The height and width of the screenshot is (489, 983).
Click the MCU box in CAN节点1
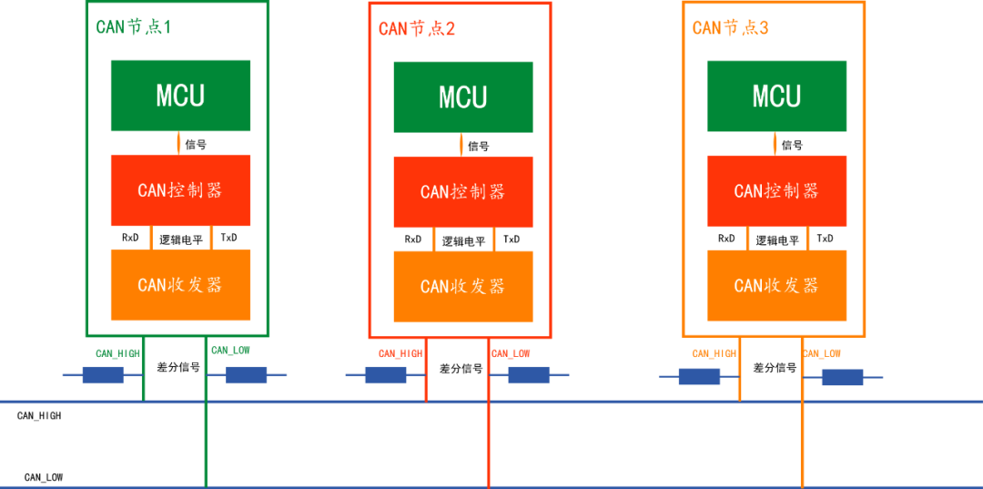click(180, 96)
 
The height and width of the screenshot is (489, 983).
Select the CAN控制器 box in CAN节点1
click(180, 190)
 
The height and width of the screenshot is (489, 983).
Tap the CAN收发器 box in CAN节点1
click(180, 285)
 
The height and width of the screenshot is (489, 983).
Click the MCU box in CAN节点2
click(462, 97)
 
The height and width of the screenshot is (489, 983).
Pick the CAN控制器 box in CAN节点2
click(462, 192)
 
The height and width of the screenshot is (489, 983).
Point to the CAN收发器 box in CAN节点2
click(462, 287)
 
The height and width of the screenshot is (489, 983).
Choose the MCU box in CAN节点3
click(776, 97)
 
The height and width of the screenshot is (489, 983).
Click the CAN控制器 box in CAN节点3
click(776, 191)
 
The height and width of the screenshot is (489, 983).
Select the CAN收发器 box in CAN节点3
click(776, 286)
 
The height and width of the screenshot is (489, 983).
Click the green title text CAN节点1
click(133, 26)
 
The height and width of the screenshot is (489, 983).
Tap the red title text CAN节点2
click(416, 28)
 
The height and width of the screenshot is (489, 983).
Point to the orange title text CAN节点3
click(730, 27)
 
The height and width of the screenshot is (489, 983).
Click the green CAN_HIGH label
click(118, 353)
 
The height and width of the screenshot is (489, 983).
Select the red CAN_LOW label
click(511, 353)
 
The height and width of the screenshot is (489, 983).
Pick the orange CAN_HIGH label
click(715, 353)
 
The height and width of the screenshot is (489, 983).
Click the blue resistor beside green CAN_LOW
click(247, 375)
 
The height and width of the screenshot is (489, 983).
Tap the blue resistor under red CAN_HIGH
click(385, 375)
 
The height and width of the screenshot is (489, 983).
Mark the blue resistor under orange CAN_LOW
click(842, 377)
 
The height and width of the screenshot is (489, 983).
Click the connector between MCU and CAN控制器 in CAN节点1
click(178, 143)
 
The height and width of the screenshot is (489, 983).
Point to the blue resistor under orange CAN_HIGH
click(699, 377)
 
